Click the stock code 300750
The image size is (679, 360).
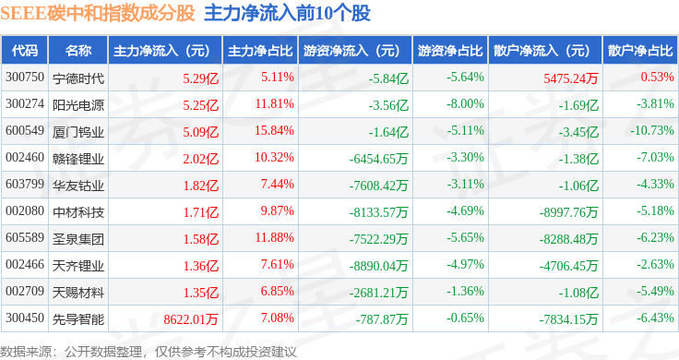point(25,78)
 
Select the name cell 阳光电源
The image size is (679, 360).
point(78,105)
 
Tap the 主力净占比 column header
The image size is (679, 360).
point(260,51)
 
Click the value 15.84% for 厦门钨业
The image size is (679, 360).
point(274,130)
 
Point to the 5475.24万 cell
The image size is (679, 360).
point(571,78)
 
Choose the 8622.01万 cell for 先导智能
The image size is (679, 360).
point(191,319)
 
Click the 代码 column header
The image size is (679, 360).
point(25,51)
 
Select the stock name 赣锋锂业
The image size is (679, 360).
point(78,159)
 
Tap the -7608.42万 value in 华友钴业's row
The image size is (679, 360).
point(379,186)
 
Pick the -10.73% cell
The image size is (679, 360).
point(651,130)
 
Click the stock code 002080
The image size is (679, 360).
point(25,211)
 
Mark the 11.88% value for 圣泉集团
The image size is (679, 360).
point(274,237)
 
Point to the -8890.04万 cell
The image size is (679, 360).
point(379,266)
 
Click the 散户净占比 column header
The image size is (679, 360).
point(640,51)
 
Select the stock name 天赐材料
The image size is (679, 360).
point(78,293)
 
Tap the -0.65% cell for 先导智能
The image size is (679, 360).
point(466,318)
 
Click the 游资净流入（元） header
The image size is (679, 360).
point(351,51)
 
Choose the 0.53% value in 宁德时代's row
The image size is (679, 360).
point(658,77)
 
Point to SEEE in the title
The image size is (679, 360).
point(23,14)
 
